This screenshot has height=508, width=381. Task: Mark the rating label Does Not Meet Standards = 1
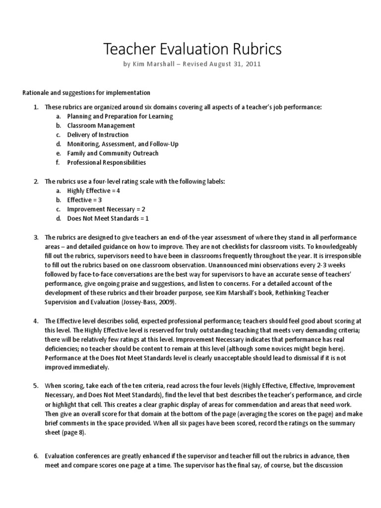click(x=104, y=218)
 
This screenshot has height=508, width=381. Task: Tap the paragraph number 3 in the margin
click(x=36, y=237)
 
